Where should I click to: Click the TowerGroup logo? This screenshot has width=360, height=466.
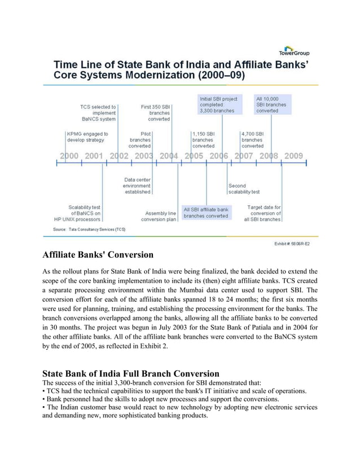click(293, 51)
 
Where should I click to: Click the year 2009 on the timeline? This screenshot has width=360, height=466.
click(293, 156)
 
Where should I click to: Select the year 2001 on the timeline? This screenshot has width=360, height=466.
click(94, 156)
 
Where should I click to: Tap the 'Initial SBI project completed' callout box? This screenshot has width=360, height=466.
click(217, 104)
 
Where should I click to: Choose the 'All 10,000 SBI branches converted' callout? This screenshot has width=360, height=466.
click(273, 104)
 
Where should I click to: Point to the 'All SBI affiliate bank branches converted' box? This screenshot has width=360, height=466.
click(206, 213)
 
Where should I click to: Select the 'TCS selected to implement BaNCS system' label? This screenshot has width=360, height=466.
click(99, 112)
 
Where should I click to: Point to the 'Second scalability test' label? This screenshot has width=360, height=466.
click(244, 189)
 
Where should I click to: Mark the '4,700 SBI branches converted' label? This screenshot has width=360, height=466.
click(252, 140)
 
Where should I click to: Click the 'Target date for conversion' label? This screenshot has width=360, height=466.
click(263, 213)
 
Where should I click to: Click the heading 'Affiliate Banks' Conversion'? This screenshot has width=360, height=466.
click(98, 254)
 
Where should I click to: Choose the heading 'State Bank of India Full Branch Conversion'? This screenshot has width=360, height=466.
click(131, 373)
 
